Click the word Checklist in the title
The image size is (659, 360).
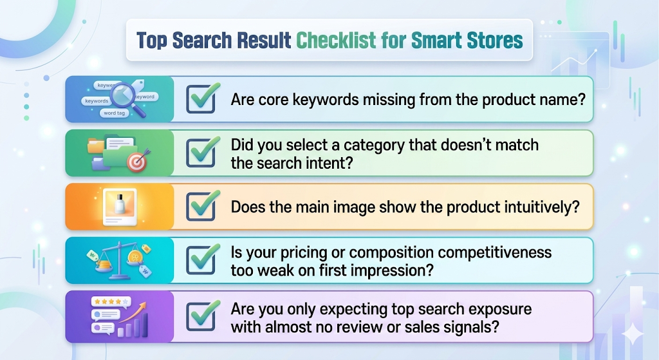pyautogui.click(x=335, y=41)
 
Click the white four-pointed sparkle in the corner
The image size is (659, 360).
pyautogui.click(x=634, y=333)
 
